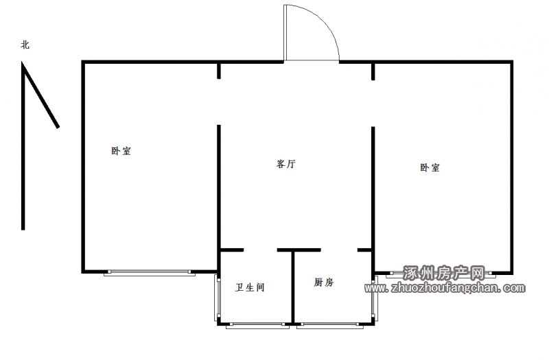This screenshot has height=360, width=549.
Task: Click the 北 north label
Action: pos(25,45)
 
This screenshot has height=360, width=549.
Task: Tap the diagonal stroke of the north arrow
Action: pos(40,95)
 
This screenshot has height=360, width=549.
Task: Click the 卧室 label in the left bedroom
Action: pos(121,151)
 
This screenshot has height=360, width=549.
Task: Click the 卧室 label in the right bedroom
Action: pos(430,167)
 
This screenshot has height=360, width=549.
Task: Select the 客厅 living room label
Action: pos(286,164)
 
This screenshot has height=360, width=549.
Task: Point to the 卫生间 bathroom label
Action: pos(250,287)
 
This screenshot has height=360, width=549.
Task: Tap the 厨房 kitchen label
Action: pos(324,282)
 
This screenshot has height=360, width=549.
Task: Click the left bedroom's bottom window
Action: pos(150,273)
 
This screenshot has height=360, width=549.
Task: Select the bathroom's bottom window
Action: pos(258,326)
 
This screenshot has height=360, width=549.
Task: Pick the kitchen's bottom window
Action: pos(330,326)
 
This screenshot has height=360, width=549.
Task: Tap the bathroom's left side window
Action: pos(217,298)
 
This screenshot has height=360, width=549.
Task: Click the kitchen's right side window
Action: pos(374,298)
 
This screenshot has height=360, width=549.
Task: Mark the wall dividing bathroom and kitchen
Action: pos(293,287)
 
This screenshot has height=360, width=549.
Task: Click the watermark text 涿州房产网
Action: pos(444,273)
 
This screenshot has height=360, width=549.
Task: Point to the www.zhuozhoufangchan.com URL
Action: pos(445,288)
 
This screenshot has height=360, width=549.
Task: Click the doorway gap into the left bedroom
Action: pos(219,101)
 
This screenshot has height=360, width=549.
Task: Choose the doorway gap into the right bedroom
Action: pos(373,104)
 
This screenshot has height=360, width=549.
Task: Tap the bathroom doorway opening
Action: pos(261,250)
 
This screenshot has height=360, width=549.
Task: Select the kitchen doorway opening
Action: pos(339,250)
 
